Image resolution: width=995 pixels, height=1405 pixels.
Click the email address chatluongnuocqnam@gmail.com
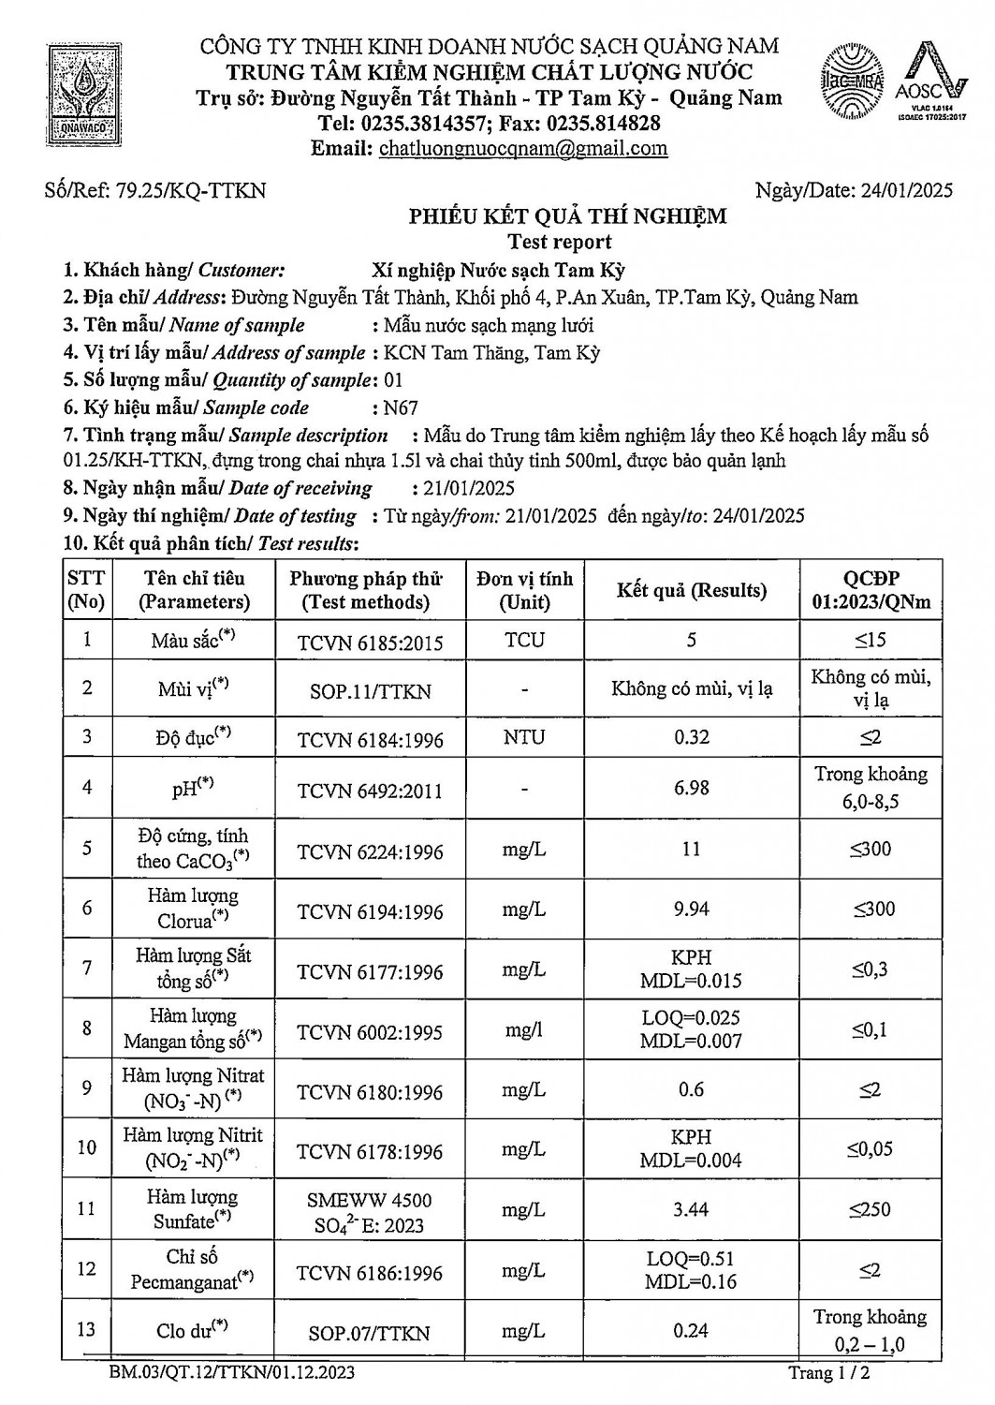[x=523, y=148]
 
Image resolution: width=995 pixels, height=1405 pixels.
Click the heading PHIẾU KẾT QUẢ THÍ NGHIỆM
[x=567, y=216]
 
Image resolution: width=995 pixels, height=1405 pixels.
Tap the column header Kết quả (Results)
[x=691, y=590]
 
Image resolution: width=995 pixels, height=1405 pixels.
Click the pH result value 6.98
[x=691, y=788]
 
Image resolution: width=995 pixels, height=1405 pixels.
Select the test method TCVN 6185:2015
[x=370, y=642]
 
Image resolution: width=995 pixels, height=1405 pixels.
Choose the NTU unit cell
[x=524, y=737]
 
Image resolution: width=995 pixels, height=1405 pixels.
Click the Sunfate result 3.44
[x=691, y=1210]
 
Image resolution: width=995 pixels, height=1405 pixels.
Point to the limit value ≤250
[x=871, y=1210]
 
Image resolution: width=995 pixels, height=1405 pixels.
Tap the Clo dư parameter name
[x=192, y=1330]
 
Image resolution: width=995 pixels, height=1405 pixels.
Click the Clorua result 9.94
[x=691, y=909]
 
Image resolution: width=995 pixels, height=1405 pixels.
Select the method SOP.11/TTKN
[x=370, y=691]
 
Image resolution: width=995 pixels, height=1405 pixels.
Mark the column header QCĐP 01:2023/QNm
[x=871, y=590]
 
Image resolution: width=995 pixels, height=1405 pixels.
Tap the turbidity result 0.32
[x=691, y=737]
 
